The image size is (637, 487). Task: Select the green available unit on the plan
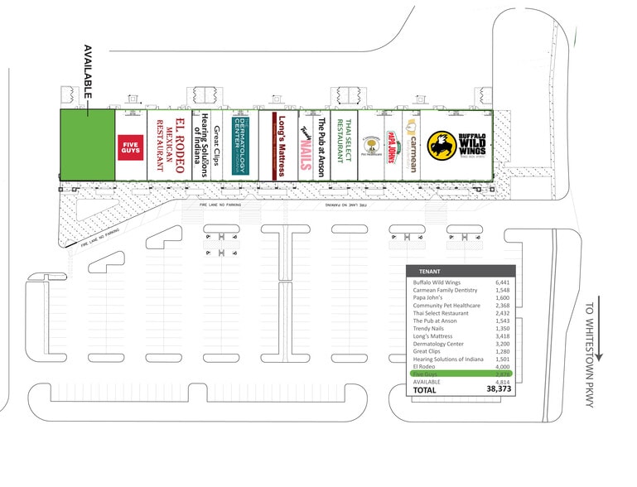86,143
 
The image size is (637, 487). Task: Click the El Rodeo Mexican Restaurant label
172,145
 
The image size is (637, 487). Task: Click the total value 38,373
496,389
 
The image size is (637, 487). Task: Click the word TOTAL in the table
427,389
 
